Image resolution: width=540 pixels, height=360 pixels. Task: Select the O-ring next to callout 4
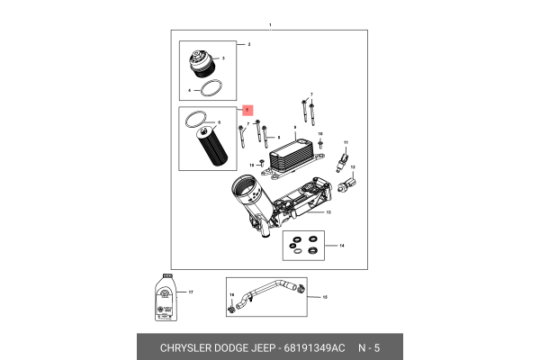tap(211, 89)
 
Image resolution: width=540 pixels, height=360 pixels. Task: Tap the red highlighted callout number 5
tap(248, 108)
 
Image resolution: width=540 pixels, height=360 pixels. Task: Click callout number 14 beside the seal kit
tap(341, 245)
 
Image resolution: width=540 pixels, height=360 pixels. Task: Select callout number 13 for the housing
tap(328, 212)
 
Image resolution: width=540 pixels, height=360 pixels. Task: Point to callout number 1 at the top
tap(269, 25)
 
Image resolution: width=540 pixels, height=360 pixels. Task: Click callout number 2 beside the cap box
tap(248, 43)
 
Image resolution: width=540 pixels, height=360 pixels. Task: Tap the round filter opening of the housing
tap(245, 190)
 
